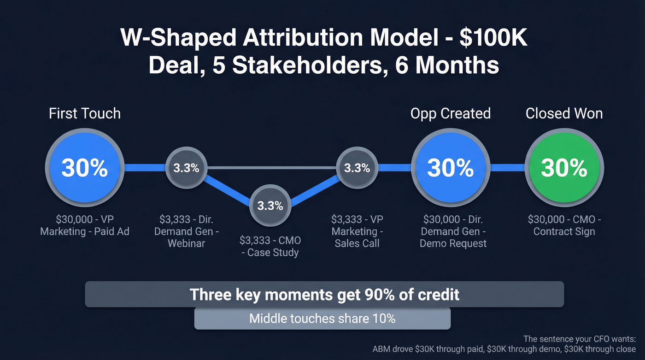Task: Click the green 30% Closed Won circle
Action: point(564,168)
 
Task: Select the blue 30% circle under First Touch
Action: point(84,168)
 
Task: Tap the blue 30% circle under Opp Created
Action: point(450,168)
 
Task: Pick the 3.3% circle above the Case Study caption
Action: point(270,206)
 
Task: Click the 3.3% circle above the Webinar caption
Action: point(186,168)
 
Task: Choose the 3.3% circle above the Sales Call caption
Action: point(357,168)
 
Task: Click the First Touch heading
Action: point(84,113)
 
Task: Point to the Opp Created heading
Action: point(450,113)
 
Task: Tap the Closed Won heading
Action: point(564,113)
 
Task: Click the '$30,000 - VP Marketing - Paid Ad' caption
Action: point(84,225)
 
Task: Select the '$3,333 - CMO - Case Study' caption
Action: point(270,246)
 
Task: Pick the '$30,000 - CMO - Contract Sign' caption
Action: point(564,225)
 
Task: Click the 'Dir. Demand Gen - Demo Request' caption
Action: point(452,231)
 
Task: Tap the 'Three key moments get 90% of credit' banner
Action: point(324,294)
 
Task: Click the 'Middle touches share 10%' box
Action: point(322,319)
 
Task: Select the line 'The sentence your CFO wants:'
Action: point(579,339)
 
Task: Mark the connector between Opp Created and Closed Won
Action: point(507,168)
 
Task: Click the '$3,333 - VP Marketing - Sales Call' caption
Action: point(357,231)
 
